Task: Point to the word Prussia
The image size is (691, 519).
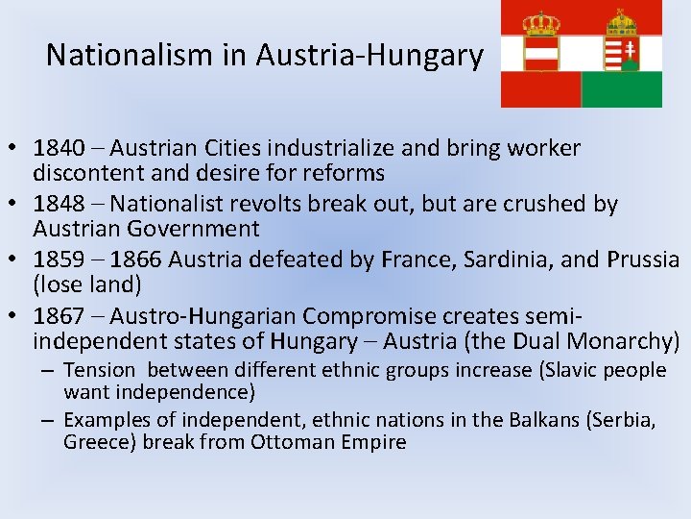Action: tap(641, 259)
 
